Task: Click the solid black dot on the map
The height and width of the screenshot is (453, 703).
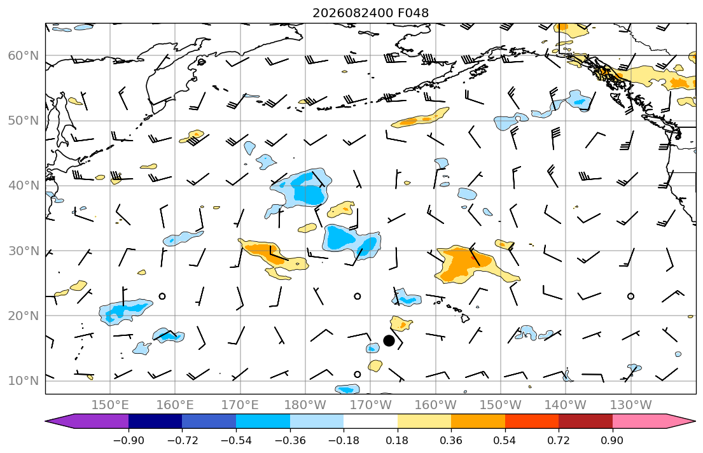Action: (x=389, y=340)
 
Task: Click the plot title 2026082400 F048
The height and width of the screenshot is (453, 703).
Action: (x=370, y=13)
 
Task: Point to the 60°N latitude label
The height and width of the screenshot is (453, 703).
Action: (x=24, y=55)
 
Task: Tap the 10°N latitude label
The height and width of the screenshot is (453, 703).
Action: (x=24, y=381)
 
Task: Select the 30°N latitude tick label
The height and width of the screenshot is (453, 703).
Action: (x=24, y=251)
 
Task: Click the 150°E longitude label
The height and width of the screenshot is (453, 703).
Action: (x=110, y=405)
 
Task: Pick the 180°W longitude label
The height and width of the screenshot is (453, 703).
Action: (x=305, y=405)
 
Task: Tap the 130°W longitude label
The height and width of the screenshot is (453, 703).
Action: (x=631, y=405)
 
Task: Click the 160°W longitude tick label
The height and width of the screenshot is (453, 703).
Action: (x=435, y=405)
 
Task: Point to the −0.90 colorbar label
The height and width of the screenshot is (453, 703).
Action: (x=129, y=440)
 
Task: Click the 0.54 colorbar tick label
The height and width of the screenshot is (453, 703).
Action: (x=505, y=440)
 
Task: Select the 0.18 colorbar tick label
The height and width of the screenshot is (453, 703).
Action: (x=397, y=440)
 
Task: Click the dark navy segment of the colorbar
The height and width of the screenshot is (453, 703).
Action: (x=155, y=421)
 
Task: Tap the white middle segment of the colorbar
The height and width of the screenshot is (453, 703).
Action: (x=370, y=421)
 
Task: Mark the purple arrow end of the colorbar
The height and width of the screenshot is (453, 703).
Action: (x=87, y=421)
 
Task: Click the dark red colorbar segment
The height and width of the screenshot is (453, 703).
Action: (x=585, y=421)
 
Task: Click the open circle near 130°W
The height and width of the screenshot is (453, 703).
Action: (x=631, y=296)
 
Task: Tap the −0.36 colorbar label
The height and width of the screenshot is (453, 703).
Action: (x=289, y=440)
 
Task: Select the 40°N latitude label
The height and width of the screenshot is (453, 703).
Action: (x=24, y=186)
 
